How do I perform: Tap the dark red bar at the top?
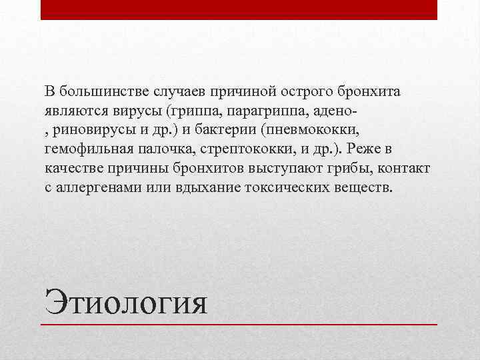coord(239,9)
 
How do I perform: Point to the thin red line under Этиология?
coord(239,324)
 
